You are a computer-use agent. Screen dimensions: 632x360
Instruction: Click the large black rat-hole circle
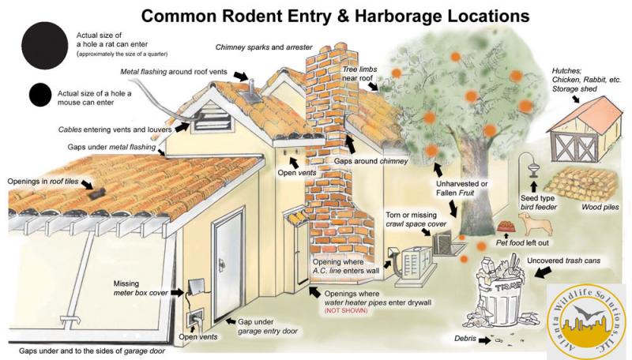pyautogui.click(x=44, y=45)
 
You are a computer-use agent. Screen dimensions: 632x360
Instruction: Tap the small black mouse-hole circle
pyautogui.click(x=40, y=95)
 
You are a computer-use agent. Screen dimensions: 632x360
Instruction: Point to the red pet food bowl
pyautogui.click(x=506, y=227)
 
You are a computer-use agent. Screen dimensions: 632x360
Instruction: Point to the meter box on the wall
pyautogui.click(x=195, y=287)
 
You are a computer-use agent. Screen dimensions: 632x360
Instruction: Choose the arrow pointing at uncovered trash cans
pyautogui.click(x=543, y=272)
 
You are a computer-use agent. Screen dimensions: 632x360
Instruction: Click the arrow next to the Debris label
pyautogui.click(x=485, y=340)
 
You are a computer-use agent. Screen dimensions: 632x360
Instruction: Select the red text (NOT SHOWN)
pyautogui.click(x=346, y=310)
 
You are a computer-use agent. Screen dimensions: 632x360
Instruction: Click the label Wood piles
pyautogui.click(x=600, y=207)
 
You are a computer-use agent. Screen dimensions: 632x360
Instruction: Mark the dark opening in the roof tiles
pyautogui.click(x=96, y=193)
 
